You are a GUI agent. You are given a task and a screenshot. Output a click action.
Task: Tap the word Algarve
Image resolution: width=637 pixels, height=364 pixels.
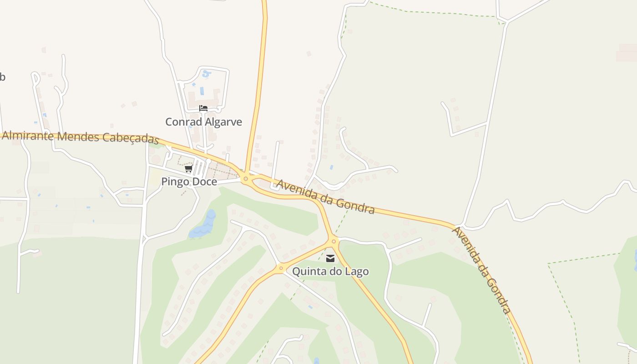coord(223,122)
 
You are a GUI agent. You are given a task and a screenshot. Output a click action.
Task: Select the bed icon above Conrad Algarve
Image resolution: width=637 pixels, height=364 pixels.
coord(203,108)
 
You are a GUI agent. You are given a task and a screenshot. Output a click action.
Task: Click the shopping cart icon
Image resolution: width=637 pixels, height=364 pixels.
coord(188,169)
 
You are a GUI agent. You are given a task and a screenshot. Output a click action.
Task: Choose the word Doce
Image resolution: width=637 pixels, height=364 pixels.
coord(204,182)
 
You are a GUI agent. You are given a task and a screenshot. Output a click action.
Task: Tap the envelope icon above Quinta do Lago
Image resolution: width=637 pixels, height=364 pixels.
coord(330,258)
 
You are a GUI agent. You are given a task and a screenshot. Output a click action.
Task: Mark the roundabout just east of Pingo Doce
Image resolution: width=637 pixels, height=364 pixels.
coord(246,179)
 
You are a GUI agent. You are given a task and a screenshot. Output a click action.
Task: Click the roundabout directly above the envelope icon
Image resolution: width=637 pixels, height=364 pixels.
coord(334,241)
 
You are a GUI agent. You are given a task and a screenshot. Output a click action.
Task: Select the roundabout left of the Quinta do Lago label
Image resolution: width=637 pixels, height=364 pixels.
coord(281,268)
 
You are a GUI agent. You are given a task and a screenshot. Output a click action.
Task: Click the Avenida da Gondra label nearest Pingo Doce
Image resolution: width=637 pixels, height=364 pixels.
coord(326,197)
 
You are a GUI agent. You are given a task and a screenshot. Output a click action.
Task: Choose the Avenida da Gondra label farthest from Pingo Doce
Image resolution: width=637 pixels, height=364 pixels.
coord(481,270)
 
